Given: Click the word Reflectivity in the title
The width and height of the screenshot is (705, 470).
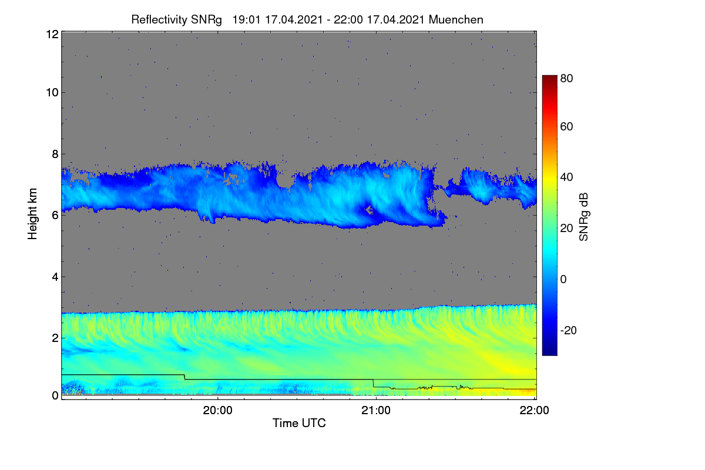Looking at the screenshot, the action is (159, 20).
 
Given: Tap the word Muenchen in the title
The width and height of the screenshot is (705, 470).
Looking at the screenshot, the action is (456, 19).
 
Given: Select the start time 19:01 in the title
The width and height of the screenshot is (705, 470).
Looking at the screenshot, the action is (246, 19).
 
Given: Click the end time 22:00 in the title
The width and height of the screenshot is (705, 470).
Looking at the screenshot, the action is (348, 19).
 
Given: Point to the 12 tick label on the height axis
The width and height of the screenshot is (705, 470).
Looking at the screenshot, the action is (52, 34).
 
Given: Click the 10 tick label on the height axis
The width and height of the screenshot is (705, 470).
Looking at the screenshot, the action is (52, 93).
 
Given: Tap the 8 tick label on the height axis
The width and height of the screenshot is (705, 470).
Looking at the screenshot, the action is (55, 154).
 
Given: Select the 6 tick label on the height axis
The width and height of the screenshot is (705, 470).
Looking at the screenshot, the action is (55, 216).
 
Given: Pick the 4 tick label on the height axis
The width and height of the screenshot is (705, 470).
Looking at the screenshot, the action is (55, 277).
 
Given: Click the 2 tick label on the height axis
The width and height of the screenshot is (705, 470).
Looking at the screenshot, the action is (55, 338).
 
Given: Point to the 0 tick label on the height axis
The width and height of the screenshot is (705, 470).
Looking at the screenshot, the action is (55, 395).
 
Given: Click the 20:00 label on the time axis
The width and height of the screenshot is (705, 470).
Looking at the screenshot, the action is (218, 411).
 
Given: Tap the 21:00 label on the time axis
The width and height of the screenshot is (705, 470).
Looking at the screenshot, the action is (376, 411).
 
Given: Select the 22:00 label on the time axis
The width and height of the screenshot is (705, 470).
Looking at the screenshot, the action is (534, 411).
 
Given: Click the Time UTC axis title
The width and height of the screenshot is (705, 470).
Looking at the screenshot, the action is (299, 423).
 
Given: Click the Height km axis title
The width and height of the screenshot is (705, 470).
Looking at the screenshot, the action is (32, 214).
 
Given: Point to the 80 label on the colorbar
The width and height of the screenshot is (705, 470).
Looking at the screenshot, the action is (566, 78).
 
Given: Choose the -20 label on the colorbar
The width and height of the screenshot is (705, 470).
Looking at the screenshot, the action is (569, 330).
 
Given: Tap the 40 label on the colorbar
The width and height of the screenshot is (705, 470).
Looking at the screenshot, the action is (566, 177).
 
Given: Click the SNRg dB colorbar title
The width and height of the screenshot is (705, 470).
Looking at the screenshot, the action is (584, 217).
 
